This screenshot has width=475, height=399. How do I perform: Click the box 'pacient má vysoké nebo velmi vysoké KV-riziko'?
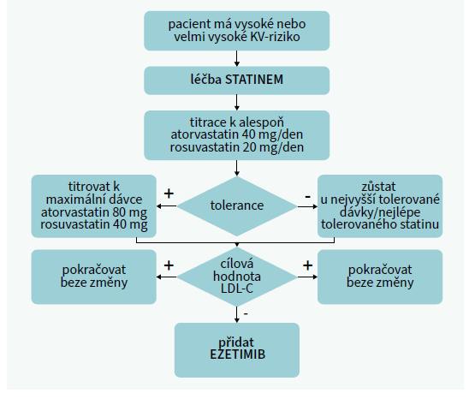(x=235, y=32)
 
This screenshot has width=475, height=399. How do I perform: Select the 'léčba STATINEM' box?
(x=235, y=80)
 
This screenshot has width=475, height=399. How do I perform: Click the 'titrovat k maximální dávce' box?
(x=93, y=205)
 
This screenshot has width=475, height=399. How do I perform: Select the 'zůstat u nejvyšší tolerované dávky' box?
(x=379, y=205)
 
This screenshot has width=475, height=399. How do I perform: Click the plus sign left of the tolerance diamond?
(x=169, y=194)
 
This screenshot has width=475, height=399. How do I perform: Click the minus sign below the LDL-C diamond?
(x=246, y=313)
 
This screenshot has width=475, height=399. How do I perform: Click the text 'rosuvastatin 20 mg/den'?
(x=235, y=147)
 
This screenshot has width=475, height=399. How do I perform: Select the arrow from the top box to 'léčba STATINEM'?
(x=235, y=58)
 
